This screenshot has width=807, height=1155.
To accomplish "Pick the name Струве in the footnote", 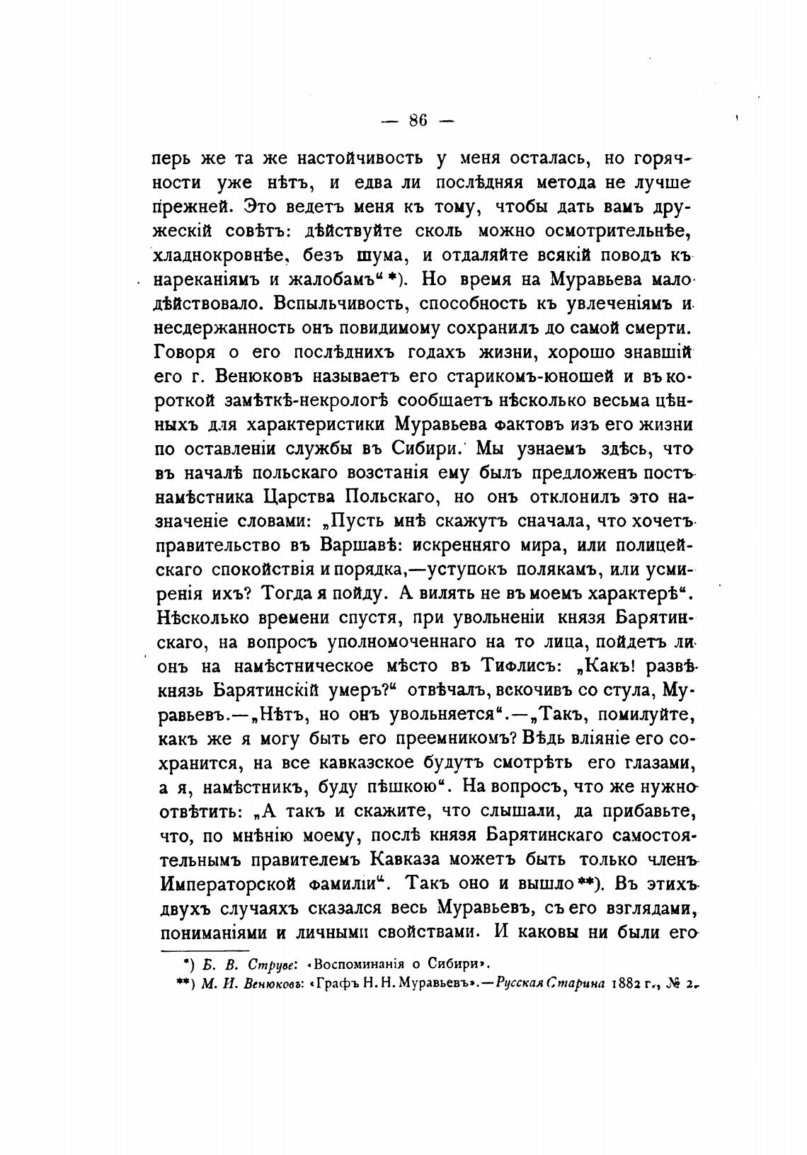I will coord(277,963).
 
